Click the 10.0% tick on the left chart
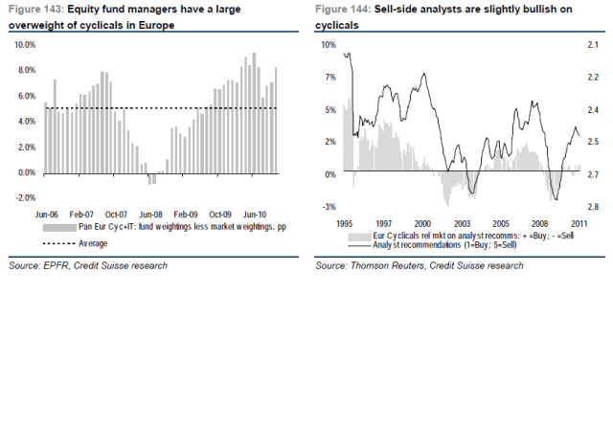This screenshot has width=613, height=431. click(x=23, y=45)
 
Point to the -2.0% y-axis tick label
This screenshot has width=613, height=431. click(x=23, y=198)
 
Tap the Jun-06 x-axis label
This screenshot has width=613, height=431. click(x=48, y=215)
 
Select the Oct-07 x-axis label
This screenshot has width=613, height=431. click(x=117, y=215)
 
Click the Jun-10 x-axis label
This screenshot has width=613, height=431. click(x=255, y=215)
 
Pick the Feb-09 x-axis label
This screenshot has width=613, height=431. click(x=186, y=215)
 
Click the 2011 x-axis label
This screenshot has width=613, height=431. click(x=579, y=223)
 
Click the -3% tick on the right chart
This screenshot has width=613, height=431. click(x=328, y=207)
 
